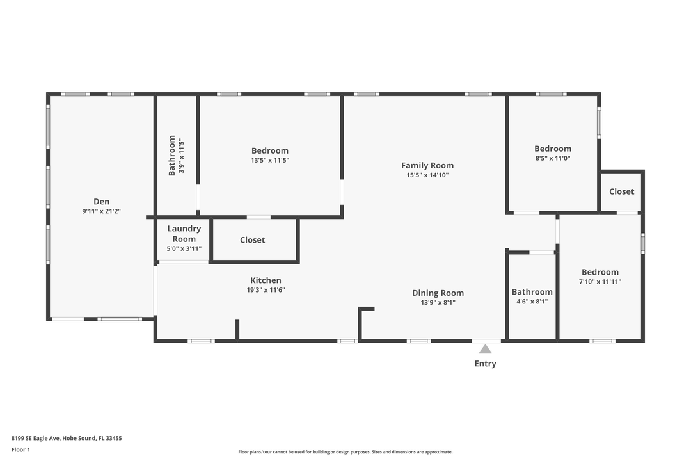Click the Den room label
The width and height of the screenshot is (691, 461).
101,202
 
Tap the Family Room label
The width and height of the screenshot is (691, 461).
427,165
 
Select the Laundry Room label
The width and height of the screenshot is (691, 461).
184,234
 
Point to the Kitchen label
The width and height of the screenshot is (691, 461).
266,280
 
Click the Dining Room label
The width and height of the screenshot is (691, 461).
438,293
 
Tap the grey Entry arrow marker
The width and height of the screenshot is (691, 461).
485,350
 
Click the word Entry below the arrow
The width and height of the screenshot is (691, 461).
485,364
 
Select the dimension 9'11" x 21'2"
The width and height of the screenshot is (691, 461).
101,211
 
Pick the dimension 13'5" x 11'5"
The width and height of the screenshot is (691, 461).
270,161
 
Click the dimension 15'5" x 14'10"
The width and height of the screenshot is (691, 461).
427,175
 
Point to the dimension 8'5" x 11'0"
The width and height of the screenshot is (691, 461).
553,158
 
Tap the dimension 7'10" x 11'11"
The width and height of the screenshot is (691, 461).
600,282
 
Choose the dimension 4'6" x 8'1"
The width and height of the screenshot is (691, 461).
532,302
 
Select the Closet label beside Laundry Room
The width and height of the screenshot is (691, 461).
253,240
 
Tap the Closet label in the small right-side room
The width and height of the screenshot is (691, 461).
621,191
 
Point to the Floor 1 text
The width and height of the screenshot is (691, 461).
20,450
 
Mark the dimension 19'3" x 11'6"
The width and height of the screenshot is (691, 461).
266,290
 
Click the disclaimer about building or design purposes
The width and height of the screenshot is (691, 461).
345,452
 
